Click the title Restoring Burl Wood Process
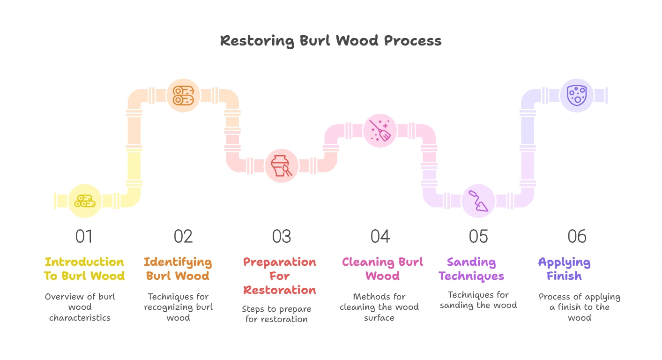pos(331,41)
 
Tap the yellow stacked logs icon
pos(85,201)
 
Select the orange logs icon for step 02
pos(183,95)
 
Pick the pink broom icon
pos(380,130)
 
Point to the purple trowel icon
pos(478,201)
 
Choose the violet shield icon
pos(577,95)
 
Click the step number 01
pos(84,237)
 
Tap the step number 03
pos(282,237)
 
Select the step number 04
pos(380,237)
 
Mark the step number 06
pos(577,237)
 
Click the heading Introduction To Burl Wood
pos(84,269)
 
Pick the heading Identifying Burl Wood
pos(178,269)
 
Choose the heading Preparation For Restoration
pos(280,276)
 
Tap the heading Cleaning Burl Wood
pos(382,269)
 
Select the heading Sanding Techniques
pos(471,269)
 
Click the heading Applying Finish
pos(564,269)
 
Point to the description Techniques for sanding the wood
pos(478,300)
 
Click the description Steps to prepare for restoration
pos(276,314)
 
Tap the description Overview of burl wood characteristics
pos(80,307)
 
